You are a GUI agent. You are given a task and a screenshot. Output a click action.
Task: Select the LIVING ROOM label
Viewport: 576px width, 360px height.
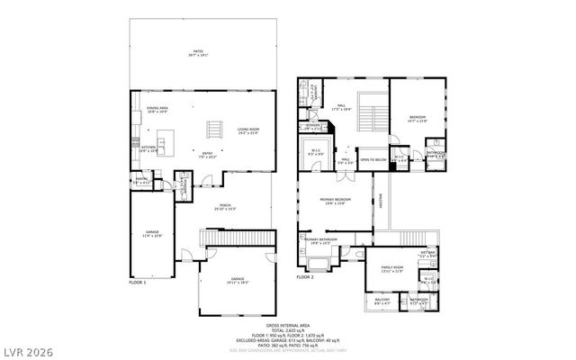coord(248,131)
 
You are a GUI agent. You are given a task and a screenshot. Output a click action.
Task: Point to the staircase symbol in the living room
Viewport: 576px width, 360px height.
coord(214,130)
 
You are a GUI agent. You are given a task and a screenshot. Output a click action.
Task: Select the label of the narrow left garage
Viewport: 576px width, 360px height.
coord(152,236)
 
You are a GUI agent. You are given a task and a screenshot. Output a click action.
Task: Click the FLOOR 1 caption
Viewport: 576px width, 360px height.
coord(138,282)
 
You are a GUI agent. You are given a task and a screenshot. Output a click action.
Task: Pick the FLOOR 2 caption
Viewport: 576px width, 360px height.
coord(305,277)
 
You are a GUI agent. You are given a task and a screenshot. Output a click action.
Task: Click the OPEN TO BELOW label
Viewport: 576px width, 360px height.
coord(372,162)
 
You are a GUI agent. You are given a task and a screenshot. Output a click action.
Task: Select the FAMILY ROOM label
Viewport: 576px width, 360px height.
coord(392,269)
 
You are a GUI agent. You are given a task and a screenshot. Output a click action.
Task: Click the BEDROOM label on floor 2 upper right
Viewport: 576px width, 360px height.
coord(418,119)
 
